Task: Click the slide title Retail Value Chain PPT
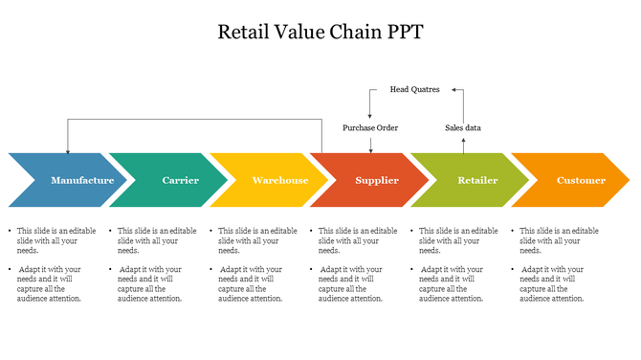pyautogui.click(x=320, y=31)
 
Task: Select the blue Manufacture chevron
pyautogui.click(x=77, y=180)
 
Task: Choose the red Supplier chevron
pyautogui.click(x=377, y=180)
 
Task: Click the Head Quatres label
pyautogui.click(x=414, y=89)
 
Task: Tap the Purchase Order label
pyautogui.click(x=370, y=127)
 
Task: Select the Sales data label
pyautogui.click(x=463, y=127)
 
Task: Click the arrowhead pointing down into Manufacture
pyautogui.click(x=67, y=149)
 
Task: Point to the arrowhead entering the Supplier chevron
pyautogui.click(x=370, y=148)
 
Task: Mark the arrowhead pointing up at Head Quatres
pyautogui.click(x=457, y=91)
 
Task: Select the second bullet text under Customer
pyautogui.click(x=556, y=283)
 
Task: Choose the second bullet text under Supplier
pyautogui.click(x=355, y=283)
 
